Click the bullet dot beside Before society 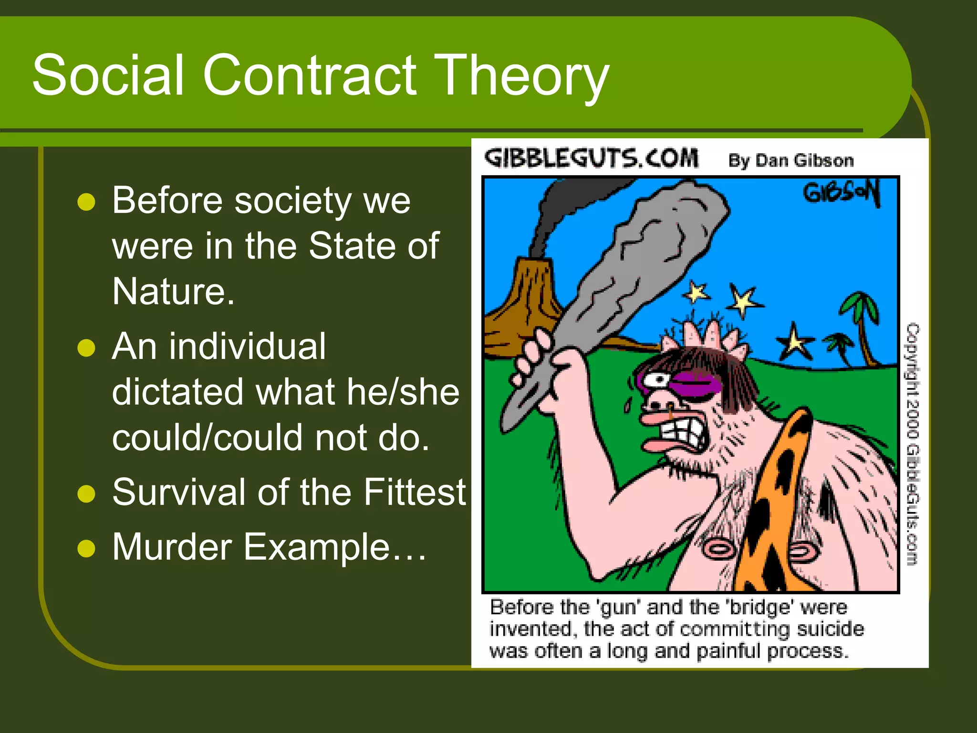pyautogui.click(x=86, y=202)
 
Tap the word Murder pyautogui.click(x=172, y=547)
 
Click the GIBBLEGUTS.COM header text pyautogui.click(x=592, y=158)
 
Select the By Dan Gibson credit pyautogui.click(x=790, y=160)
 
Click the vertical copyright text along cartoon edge pyautogui.click(x=912, y=444)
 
